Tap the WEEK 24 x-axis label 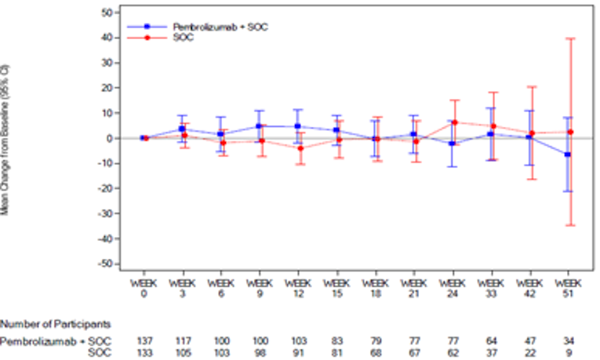coord(453,287)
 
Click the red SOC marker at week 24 coord(454,122)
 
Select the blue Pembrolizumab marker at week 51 coord(567,155)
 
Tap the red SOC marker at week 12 coord(300,148)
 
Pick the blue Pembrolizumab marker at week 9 coord(258,125)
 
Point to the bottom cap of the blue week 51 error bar coord(567,191)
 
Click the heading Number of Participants coord(56,323)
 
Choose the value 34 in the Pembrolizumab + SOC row coord(568,341)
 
